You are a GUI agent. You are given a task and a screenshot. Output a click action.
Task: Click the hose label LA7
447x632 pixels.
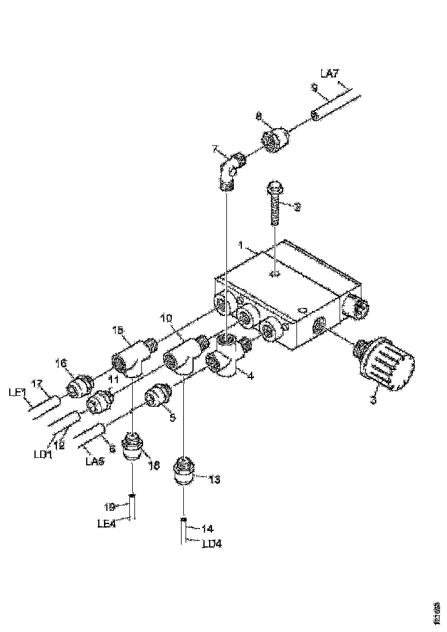coord(329,73)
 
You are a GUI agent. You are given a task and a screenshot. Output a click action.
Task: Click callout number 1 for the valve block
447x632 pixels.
coord(242,245)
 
